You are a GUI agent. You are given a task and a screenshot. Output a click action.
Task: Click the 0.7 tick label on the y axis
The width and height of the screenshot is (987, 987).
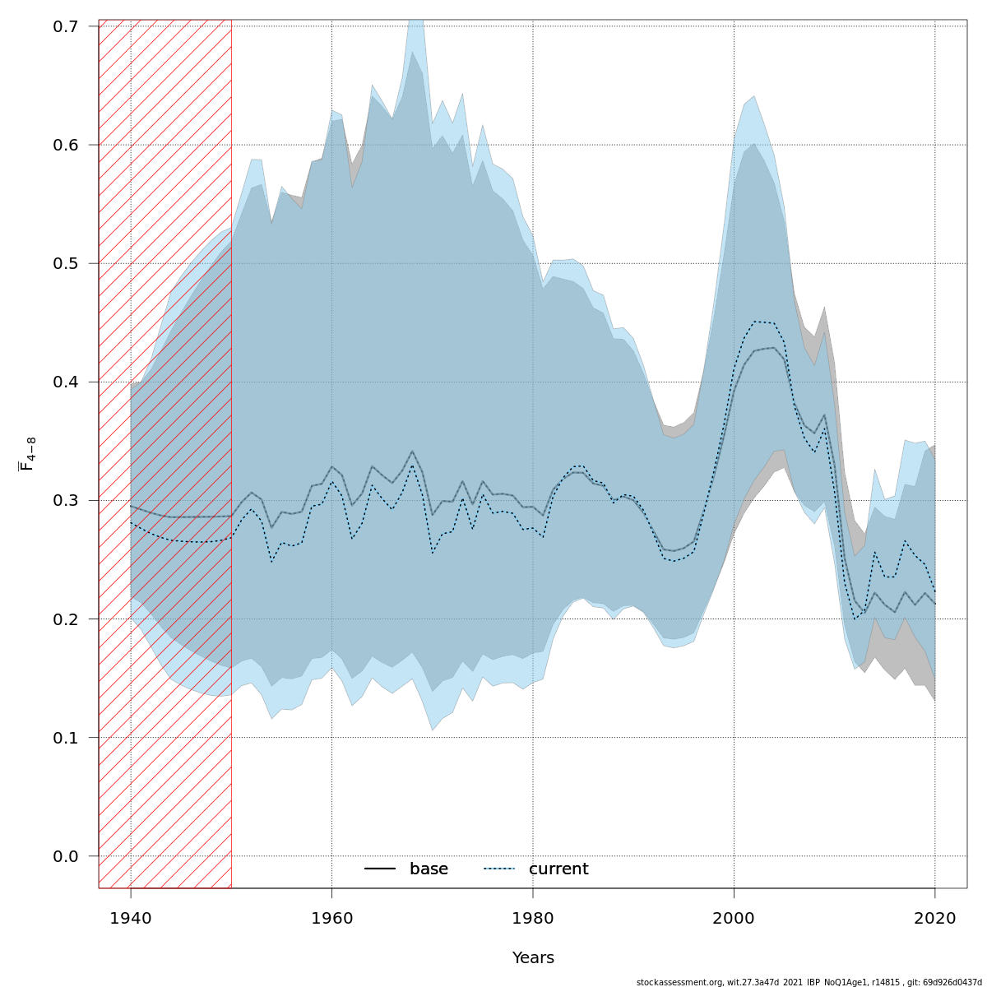point(66,26)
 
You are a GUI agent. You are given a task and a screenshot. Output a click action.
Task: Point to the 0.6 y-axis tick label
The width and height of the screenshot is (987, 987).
point(66,145)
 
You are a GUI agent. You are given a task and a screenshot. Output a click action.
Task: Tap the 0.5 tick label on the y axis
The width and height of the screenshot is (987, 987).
point(66,263)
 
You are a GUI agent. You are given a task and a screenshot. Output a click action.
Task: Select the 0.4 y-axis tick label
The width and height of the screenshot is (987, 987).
point(66,382)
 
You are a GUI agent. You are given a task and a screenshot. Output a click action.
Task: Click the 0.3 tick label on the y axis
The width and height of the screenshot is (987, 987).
point(66,500)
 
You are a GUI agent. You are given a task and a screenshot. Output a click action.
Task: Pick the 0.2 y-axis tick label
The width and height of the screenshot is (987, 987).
point(66,619)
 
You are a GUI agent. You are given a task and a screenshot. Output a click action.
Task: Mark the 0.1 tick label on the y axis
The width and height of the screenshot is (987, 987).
point(66,737)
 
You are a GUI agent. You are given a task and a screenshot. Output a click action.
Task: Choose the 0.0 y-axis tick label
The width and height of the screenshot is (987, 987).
point(66,856)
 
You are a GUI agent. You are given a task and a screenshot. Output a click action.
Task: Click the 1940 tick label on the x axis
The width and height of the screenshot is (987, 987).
point(131,917)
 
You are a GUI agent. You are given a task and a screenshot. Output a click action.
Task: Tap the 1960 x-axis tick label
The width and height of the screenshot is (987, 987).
point(331,917)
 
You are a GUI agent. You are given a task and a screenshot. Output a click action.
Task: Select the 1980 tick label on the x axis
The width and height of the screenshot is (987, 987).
point(533,917)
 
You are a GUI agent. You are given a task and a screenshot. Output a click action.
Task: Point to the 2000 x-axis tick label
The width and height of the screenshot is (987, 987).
point(734,917)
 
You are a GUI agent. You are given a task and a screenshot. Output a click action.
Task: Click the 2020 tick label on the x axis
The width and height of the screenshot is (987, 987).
point(935,917)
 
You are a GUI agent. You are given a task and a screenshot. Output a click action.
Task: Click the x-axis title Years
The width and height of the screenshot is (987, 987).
point(533,958)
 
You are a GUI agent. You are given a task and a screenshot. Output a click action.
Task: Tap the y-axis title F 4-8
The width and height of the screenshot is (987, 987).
point(27,454)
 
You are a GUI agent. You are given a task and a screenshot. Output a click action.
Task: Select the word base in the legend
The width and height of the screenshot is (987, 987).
point(429,869)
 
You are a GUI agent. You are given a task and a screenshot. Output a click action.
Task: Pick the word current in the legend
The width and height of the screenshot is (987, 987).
point(558,869)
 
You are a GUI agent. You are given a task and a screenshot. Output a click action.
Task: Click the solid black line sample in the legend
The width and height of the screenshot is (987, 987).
point(380,869)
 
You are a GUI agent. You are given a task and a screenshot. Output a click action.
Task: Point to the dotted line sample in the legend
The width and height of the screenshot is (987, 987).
point(498,869)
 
